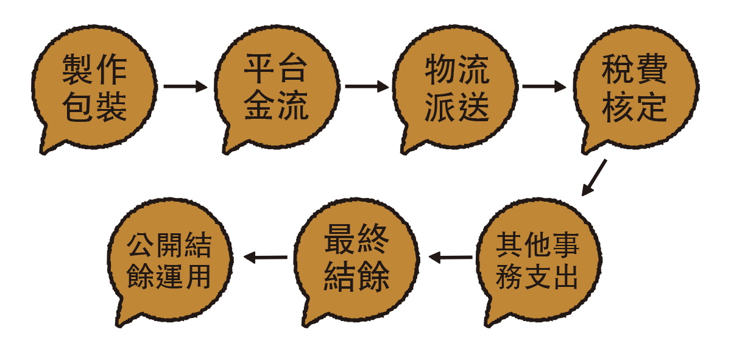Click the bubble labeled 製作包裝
click(94, 88)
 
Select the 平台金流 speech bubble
click(277, 88)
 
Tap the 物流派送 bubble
click(455, 88)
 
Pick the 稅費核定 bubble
click(636, 88)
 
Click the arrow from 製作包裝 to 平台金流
click(185, 86)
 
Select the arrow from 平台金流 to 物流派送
click(367, 86)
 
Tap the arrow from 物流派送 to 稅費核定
click(544, 86)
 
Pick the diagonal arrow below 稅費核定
click(595, 177)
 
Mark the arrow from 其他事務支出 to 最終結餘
click(450, 257)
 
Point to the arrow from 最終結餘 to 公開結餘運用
click(266, 257)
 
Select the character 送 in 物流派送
click(473, 106)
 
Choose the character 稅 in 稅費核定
click(618, 69)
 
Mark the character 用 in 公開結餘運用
click(198, 277)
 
